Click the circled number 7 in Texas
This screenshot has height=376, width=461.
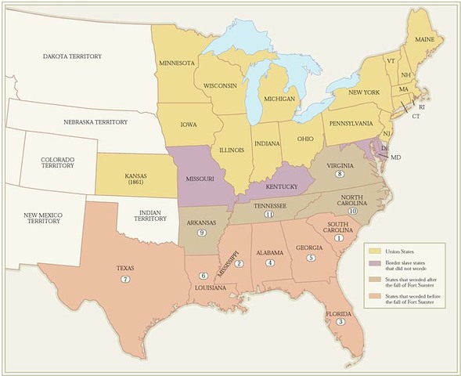(124, 280)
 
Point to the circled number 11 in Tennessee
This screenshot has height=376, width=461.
(269, 214)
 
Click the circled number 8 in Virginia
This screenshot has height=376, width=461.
(340, 174)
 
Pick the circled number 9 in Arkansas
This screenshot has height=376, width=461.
(201, 232)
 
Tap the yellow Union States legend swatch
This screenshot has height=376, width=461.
(373, 250)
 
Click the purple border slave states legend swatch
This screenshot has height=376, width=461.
(373, 264)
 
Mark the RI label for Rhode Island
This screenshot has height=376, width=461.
(422, 106)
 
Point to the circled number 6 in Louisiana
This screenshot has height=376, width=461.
(203, 275)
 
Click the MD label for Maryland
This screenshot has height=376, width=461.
(395, 157)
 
